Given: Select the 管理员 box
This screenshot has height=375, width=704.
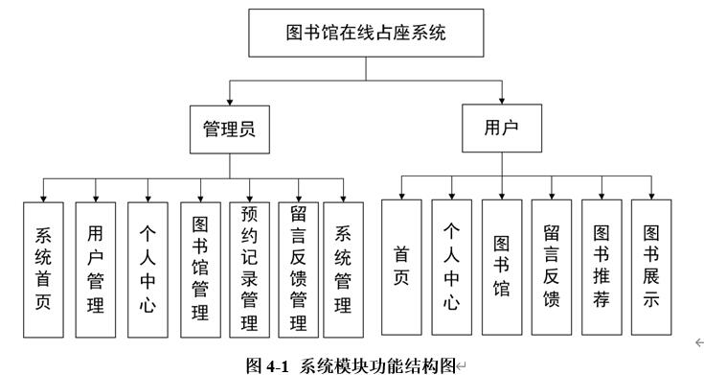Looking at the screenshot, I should (x=230, y=129).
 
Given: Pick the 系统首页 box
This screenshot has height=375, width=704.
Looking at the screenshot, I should (x=44, y=270).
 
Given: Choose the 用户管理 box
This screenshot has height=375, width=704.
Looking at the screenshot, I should (x=96, y=270).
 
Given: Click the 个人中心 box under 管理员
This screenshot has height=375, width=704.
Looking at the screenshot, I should (x=148, y=270).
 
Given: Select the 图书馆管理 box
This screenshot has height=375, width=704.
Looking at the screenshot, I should (x=200, y=270).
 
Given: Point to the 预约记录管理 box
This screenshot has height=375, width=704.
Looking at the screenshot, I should (x=249, y=270).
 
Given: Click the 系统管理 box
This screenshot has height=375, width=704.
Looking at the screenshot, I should (x=343, y=270).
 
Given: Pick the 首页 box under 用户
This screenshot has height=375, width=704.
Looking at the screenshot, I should (x=401, y=266).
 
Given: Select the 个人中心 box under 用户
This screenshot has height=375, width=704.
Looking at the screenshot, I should (x=452, y=266).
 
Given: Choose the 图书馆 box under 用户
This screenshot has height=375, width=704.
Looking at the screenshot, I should (x=502, y=266).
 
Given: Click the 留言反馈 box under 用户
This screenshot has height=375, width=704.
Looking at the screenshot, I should (x=552, y=266).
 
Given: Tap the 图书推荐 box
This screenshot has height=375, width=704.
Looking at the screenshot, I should (x=602, y=266).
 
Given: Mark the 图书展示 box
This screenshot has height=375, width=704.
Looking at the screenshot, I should (x=651, y=266).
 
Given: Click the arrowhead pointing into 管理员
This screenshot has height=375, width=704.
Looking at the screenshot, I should (x=230, y=100).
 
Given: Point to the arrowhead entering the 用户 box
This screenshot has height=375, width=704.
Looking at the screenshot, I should (x=502, y=101).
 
